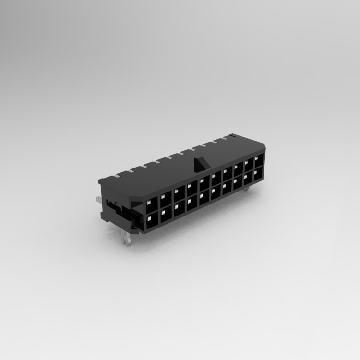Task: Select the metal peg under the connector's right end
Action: tap(246, 190)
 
